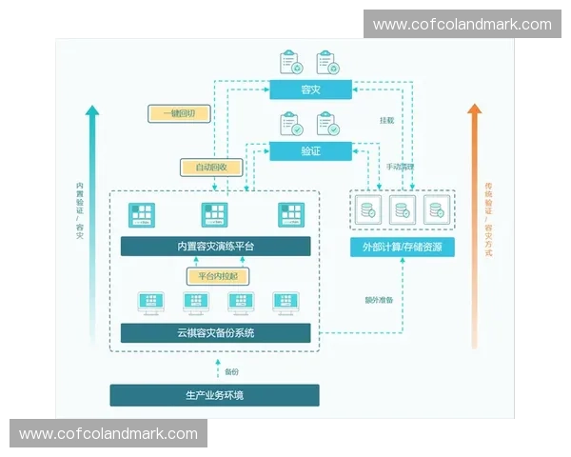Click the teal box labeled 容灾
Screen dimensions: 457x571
pyautogui.click(x=310, y=89)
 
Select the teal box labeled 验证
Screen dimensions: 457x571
pyautogui.click(x=310, y=150)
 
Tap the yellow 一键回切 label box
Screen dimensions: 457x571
pyautogui.click(x=178, y=113)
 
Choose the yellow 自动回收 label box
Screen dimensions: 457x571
pyautogui.click(x=212, y=168)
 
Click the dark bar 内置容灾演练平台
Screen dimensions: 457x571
pyautogui.click(x=215, y=247)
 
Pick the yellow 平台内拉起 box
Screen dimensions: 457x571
pyautogui.click(x=214, y=276)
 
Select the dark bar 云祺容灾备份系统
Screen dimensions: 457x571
pyautogui.click(x=215, y=332)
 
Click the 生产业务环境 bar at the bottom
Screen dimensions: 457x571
pyautogui.click(x=214, y=394)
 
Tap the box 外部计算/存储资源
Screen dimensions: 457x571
pyautogui.click(x=402, y=248)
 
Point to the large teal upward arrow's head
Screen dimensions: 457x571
pyautogui.click(x=91, y=111)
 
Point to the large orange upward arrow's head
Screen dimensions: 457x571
pyautogui.click(x=475, y=110)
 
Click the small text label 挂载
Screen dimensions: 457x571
pyautogui.click(x=386, y=121)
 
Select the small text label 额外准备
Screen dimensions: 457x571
pyautogui.click(x=379, y=301)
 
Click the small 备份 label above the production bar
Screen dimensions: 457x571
pyautogui.click(x=231, y=370)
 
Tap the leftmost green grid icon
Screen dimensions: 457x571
pyautogui.click(x=142, y=215)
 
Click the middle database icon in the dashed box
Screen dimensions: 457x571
pyautogui.click(x=402, y=209)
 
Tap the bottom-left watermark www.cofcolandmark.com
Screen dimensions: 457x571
pyautogui.click(x=108, y=434)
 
